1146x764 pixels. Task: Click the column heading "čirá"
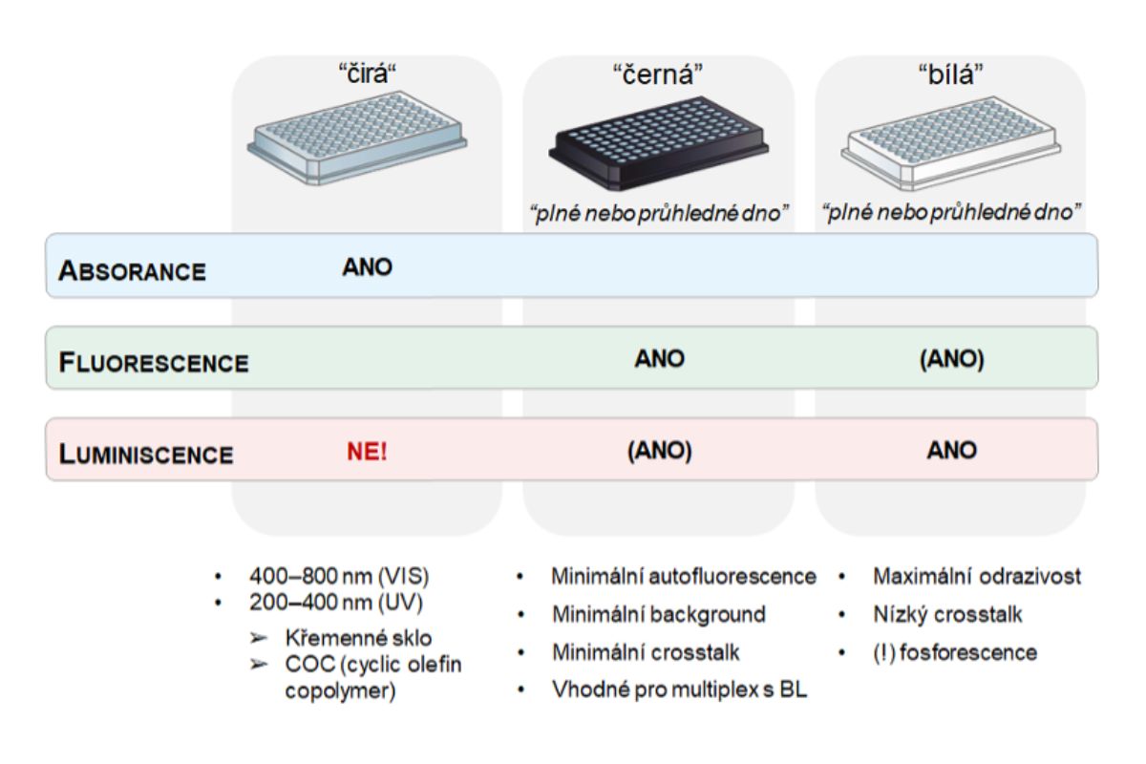tap(368, 75)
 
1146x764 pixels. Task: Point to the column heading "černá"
tap(659, 75)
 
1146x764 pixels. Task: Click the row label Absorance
tap(133, 270)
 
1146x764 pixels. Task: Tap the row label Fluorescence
tap(154, 363)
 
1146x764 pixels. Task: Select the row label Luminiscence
tap(146, 455)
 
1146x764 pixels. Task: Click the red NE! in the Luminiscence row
tap(368, 451)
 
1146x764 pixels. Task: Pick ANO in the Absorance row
tap(368, 267)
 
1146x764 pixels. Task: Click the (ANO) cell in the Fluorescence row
tap(951, 359)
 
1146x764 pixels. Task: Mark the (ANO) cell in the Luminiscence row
tap(659, 451)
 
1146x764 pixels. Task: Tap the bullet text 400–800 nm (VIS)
tap(338, 577)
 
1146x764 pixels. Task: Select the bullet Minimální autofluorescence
tap(683, 577)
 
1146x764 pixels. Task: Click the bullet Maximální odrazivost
tap(977, 577)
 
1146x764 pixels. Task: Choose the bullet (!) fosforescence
tap(955, 653)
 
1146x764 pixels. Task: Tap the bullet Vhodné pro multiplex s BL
tap(679, 689)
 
